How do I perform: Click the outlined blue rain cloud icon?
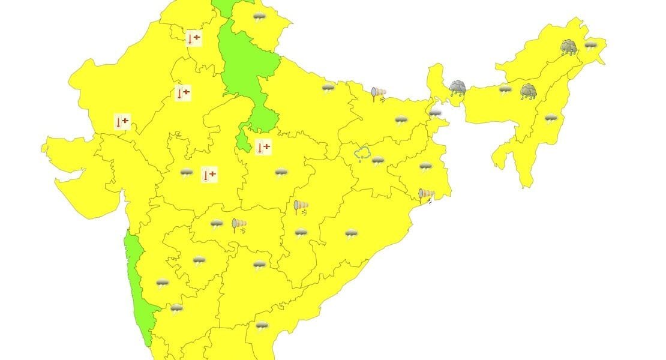tap(362, 155)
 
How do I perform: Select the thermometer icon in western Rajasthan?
tap(122, 122)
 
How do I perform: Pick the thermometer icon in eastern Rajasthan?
tap(182, 93)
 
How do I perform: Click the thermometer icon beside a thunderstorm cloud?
tap(208, 175)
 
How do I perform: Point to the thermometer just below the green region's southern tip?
tap(263, 147)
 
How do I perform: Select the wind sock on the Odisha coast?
tap(426, 195)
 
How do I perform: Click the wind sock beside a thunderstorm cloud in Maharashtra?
tap(239, 226)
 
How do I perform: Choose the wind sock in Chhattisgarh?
tap(301, 208)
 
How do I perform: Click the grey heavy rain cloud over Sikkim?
tap(458, 88)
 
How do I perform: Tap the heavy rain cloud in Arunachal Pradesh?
tap(569, 47)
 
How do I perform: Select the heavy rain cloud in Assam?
tap(528, 91)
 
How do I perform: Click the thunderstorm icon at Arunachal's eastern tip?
tap(591, 45)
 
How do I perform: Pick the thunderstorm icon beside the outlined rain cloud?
tap(378, 160)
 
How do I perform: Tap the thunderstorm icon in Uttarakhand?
tap(259, 17)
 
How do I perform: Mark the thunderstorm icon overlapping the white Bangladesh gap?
tap(435, 112)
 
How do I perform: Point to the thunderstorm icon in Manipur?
tap(550, 118)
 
